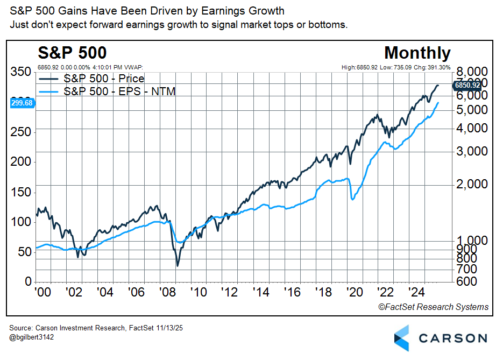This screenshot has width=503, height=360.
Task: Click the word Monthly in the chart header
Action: point(417,53)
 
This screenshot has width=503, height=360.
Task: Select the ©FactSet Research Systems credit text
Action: point(433,307)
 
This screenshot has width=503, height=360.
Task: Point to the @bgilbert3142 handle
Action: point(32,337)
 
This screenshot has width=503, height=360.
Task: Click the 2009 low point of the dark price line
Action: point(177,266)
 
